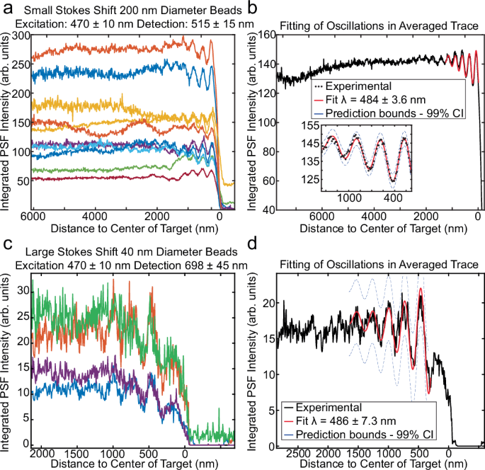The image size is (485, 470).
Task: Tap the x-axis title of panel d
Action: tap(380, 464)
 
